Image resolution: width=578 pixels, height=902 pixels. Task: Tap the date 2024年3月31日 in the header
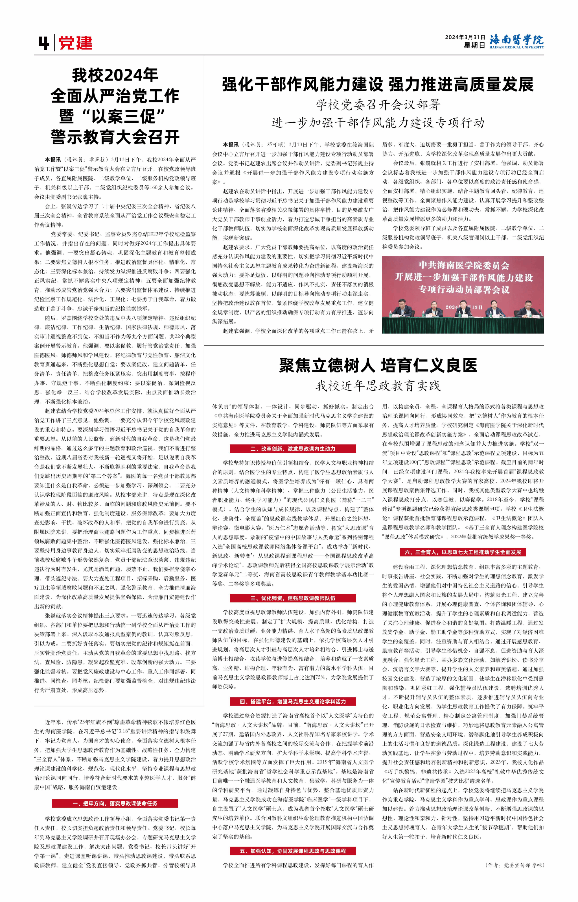465,37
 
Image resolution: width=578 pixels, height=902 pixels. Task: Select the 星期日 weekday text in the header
474,45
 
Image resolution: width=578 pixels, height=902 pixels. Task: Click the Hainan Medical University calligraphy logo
516,41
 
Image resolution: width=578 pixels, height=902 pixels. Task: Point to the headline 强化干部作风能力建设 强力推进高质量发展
378,84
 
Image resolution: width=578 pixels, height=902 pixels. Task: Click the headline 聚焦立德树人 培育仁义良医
378,365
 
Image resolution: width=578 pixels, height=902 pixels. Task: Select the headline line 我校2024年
115,75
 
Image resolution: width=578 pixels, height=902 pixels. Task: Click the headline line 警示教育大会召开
115,138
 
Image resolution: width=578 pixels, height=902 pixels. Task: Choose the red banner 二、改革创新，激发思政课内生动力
293,448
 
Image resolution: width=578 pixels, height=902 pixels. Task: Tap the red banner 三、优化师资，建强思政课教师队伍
293,598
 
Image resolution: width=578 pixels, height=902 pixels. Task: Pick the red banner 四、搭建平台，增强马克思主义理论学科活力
293,701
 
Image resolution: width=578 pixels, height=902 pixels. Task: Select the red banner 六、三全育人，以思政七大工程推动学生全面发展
463,552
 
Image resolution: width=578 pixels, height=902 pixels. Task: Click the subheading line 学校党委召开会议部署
378,105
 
